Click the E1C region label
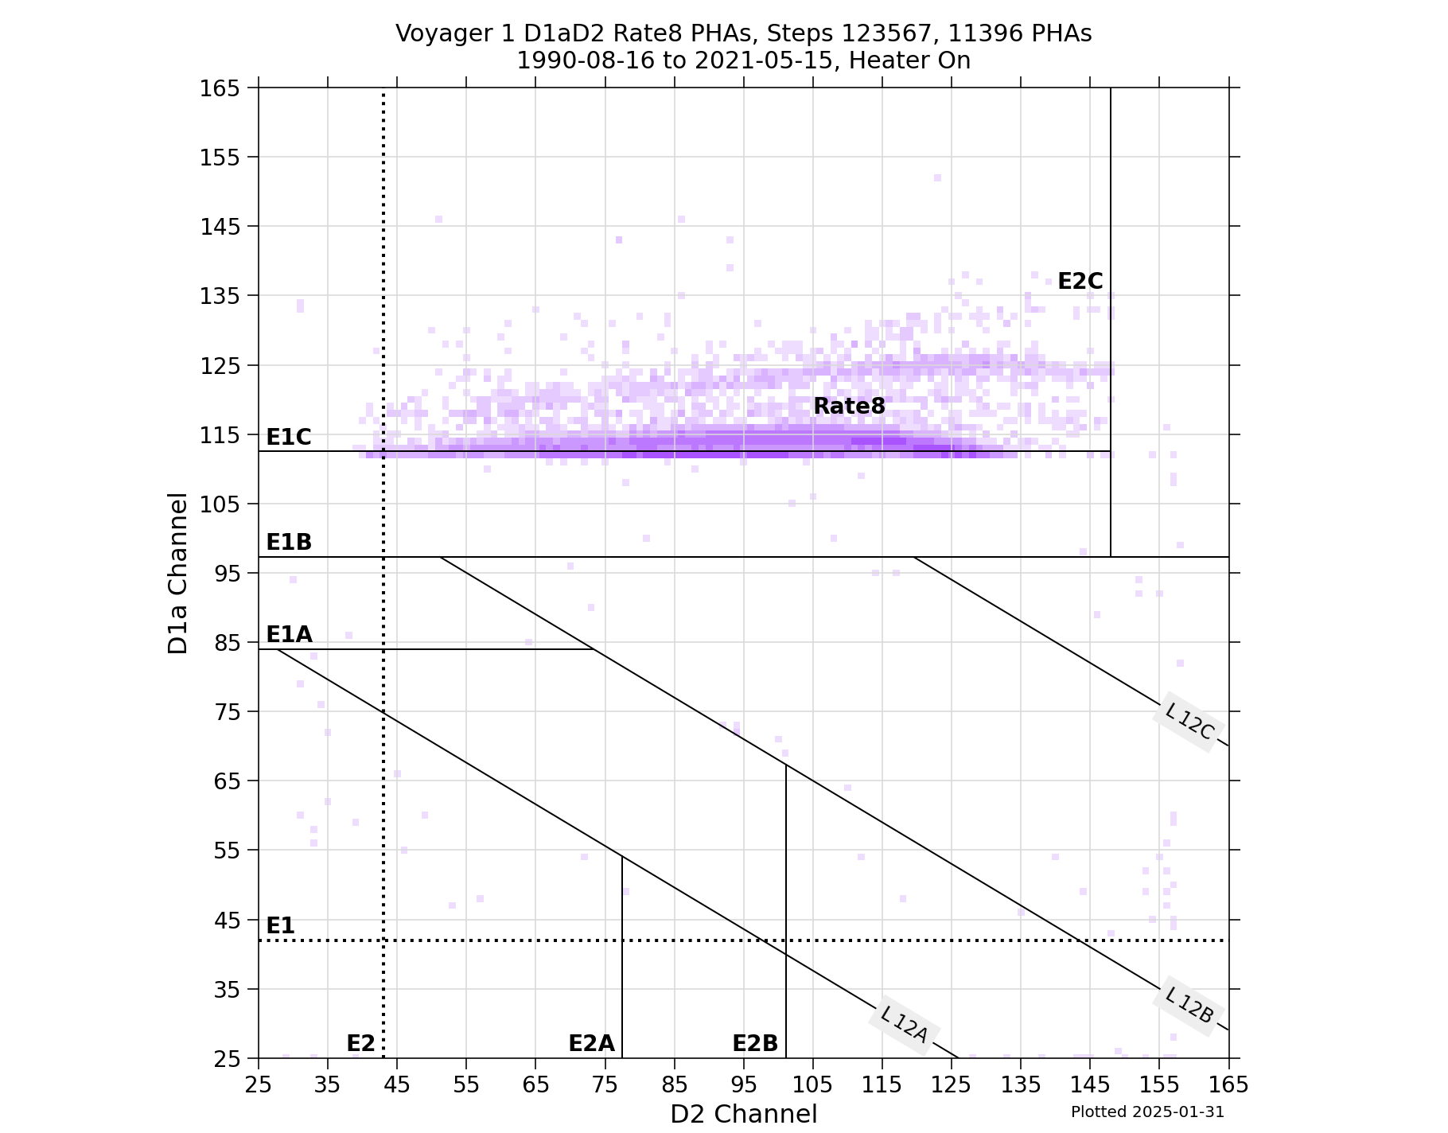[288, 437]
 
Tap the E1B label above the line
[288, 543]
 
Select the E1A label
[288, 635]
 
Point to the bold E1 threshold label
[280, 926]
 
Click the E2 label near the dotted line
[360, 1044]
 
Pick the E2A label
[591, 1044]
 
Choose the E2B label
[755, 1044]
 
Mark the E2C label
[1080, 282]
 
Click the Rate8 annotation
[849, 407]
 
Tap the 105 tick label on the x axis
[812, 1084]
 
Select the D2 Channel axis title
[743, 1114]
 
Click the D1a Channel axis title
[178, 573]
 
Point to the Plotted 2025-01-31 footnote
[1147, 1112]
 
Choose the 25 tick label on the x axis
[259, 1084]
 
